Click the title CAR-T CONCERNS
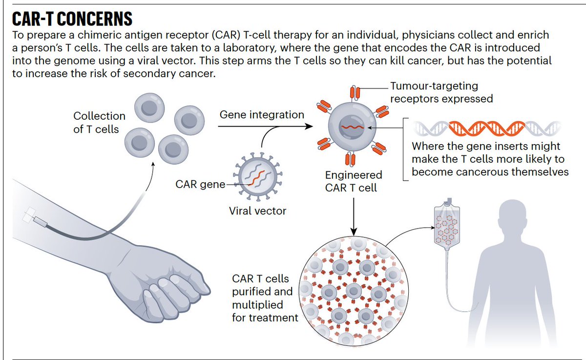click(72, 19)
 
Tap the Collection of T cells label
click(99, 123)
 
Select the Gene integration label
click(262, 115)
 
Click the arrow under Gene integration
click(264, 127)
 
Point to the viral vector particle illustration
click(256, 175)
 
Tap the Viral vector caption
click(257, 211)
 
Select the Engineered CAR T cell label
click(354, 181)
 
